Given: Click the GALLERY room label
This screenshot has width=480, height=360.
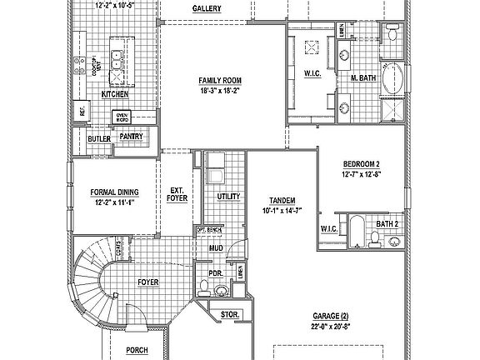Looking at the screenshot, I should (206, 8).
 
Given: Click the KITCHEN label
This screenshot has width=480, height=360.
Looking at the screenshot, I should (115, 95).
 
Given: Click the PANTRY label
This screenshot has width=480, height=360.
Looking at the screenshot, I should (131, 136).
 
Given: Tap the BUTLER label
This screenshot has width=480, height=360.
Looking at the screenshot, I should (99, 139).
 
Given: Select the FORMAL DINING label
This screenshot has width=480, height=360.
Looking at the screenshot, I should (114, 192).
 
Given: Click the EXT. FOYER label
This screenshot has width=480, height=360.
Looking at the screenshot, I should (177, 194).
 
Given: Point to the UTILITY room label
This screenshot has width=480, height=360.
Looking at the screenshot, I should (228, 197).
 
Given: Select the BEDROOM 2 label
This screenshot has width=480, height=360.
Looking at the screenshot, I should (361, 164).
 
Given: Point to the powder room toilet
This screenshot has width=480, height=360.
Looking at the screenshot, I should (221, 289).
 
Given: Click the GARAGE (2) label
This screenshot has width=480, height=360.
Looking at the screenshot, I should (331, 317).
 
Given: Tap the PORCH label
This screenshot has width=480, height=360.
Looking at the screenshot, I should (137, 351).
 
